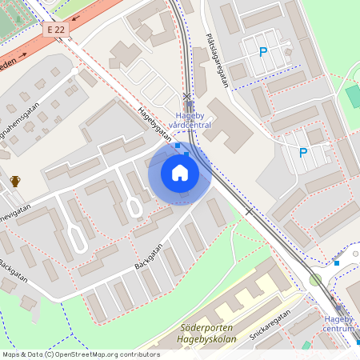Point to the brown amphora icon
point(15,182)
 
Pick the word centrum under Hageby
point(339,329)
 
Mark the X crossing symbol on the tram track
point(187,96)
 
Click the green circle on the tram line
point(315,279)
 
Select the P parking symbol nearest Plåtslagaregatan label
point(262,53)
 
